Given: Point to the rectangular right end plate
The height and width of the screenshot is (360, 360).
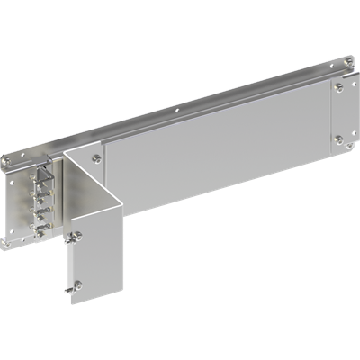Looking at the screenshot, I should (x=338, y=112).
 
